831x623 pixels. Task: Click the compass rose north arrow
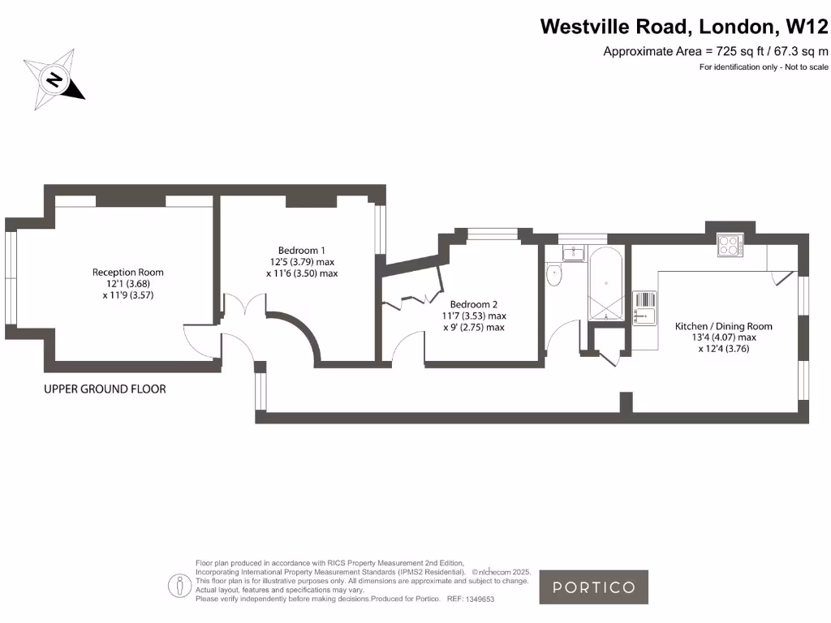pyautogui.click(x=54, y=80)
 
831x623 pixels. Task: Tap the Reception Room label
pyautogui.click(x=128, y=284)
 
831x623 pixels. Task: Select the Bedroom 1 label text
pyautogui.click(x=302, y=261)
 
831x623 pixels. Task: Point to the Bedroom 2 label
pyautogui.click(x=473, y=316)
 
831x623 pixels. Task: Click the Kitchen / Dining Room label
pyautogui.click(x=724, y=337)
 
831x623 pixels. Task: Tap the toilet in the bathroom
pyautogui.click(x=555, y=275)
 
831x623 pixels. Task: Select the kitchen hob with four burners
pyautogui.click(x=730, y=246)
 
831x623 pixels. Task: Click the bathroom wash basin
pyautogui.click(x=573, y=253)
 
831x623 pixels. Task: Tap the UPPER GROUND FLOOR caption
pyautogui.click(x=105, y=389)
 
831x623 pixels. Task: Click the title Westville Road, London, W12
pyautogui.click(x=684, y=27)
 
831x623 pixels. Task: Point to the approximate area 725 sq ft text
pyautogui.click(x=715, y=52)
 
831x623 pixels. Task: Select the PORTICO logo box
pyautogui.click(x=594, y=587)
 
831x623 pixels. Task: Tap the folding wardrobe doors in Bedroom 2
pyautogui.click(x=411, y=295)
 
